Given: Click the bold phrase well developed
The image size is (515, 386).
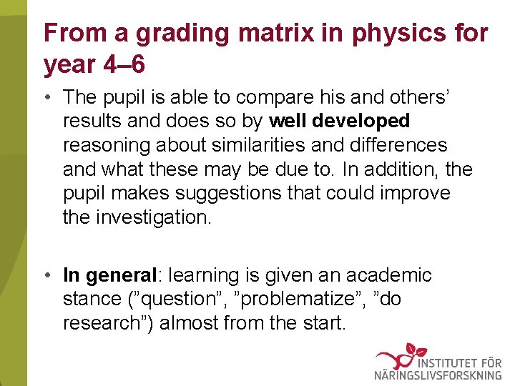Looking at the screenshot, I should tap(339, 120).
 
